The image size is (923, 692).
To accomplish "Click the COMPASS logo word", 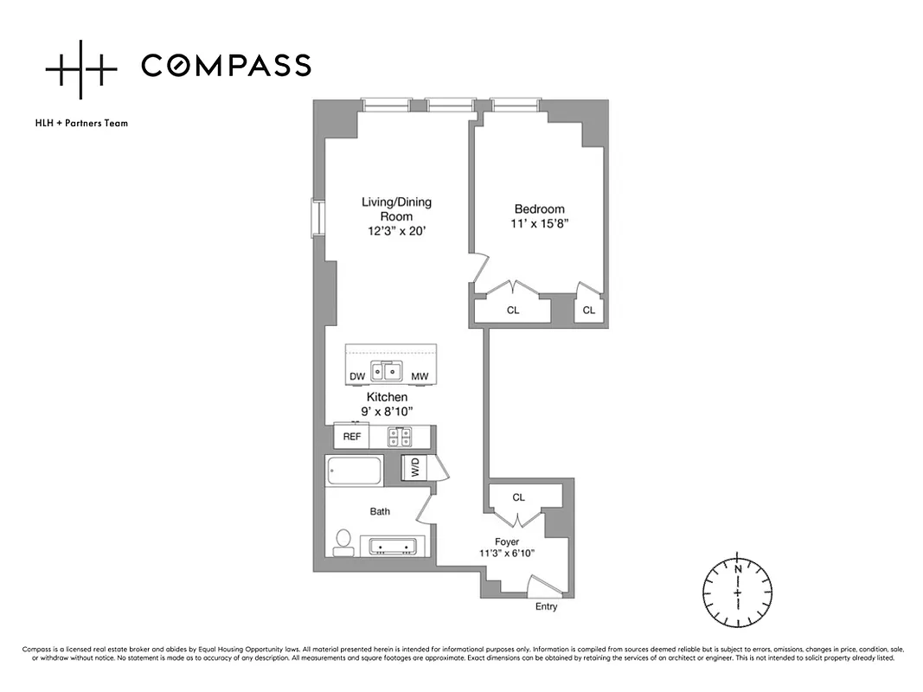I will (x=226, y=66).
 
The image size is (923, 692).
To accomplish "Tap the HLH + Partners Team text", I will (x=81, y=123).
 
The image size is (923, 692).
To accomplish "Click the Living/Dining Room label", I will (x=396, y=208).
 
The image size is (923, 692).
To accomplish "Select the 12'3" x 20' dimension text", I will (x=396, y=231).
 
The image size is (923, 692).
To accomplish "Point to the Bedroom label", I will (x=539, y=208).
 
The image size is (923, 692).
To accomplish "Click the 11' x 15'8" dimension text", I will (x=539, y=223).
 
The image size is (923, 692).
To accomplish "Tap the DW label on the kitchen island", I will (x=356, y=376).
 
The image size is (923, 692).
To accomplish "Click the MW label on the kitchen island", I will (x=420, y=376).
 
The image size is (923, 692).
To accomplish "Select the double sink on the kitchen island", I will (x=387, y=371).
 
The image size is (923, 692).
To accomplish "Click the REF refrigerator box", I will (x=351, y=436).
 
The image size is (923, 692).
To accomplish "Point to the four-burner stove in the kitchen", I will (x=399, y=437).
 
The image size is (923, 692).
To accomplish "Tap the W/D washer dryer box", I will (x=415, y=469).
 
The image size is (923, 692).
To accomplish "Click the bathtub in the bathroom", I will (x=354, y=471).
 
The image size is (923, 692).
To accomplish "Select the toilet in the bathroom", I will (x=343, y=542).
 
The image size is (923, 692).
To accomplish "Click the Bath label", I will (x=380, y=511).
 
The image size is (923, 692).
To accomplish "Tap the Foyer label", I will (x=507, y=541).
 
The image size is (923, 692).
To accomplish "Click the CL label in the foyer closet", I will (x=518, y=497).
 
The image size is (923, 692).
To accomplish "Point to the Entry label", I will (x=546, y=606).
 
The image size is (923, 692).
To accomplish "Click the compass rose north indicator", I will (x=737, y=569).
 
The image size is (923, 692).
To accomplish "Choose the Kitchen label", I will (x=387, y=397).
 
